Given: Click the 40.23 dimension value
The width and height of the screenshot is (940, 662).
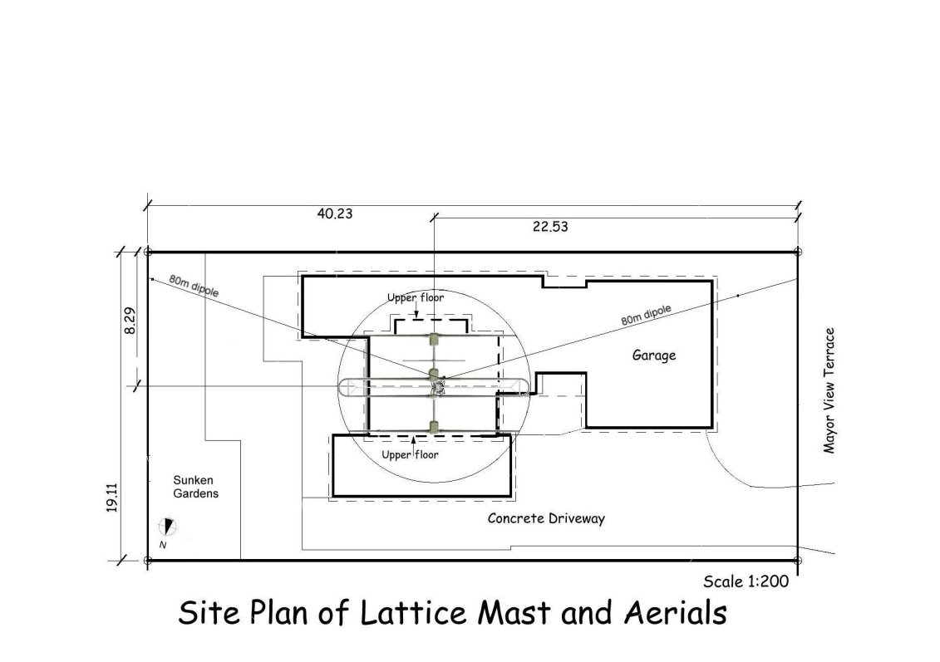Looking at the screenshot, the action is click(x=334, y=213).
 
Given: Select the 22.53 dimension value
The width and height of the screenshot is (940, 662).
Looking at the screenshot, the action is click(x=549, y=227).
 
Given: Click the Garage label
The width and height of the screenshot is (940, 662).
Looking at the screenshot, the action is click(x=654, y=356).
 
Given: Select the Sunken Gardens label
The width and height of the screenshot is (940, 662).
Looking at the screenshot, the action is click(x=195, y=487).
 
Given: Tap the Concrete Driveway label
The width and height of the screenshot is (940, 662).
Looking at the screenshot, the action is click(x=546, y=518).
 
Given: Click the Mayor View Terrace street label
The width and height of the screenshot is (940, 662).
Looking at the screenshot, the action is click(x=829, y=390).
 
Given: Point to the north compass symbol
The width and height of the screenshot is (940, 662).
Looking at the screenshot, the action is click(x=167, y=527).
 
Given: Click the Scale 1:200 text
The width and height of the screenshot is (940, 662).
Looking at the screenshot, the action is click(x=746, y=581).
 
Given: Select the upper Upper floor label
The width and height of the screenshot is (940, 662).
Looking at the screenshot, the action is click(x=416, y=297).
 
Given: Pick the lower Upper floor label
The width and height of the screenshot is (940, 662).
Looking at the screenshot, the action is click(x=410, y=454).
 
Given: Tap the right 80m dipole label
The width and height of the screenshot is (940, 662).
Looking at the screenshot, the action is click(x=646, y=315).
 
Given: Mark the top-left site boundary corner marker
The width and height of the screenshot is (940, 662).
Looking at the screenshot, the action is click(x=148, y=253).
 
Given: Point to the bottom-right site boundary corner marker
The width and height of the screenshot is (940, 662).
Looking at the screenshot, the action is click(x=797, y=561).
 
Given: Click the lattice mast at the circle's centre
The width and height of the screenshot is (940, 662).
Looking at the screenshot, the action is click(x=438, y=386).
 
